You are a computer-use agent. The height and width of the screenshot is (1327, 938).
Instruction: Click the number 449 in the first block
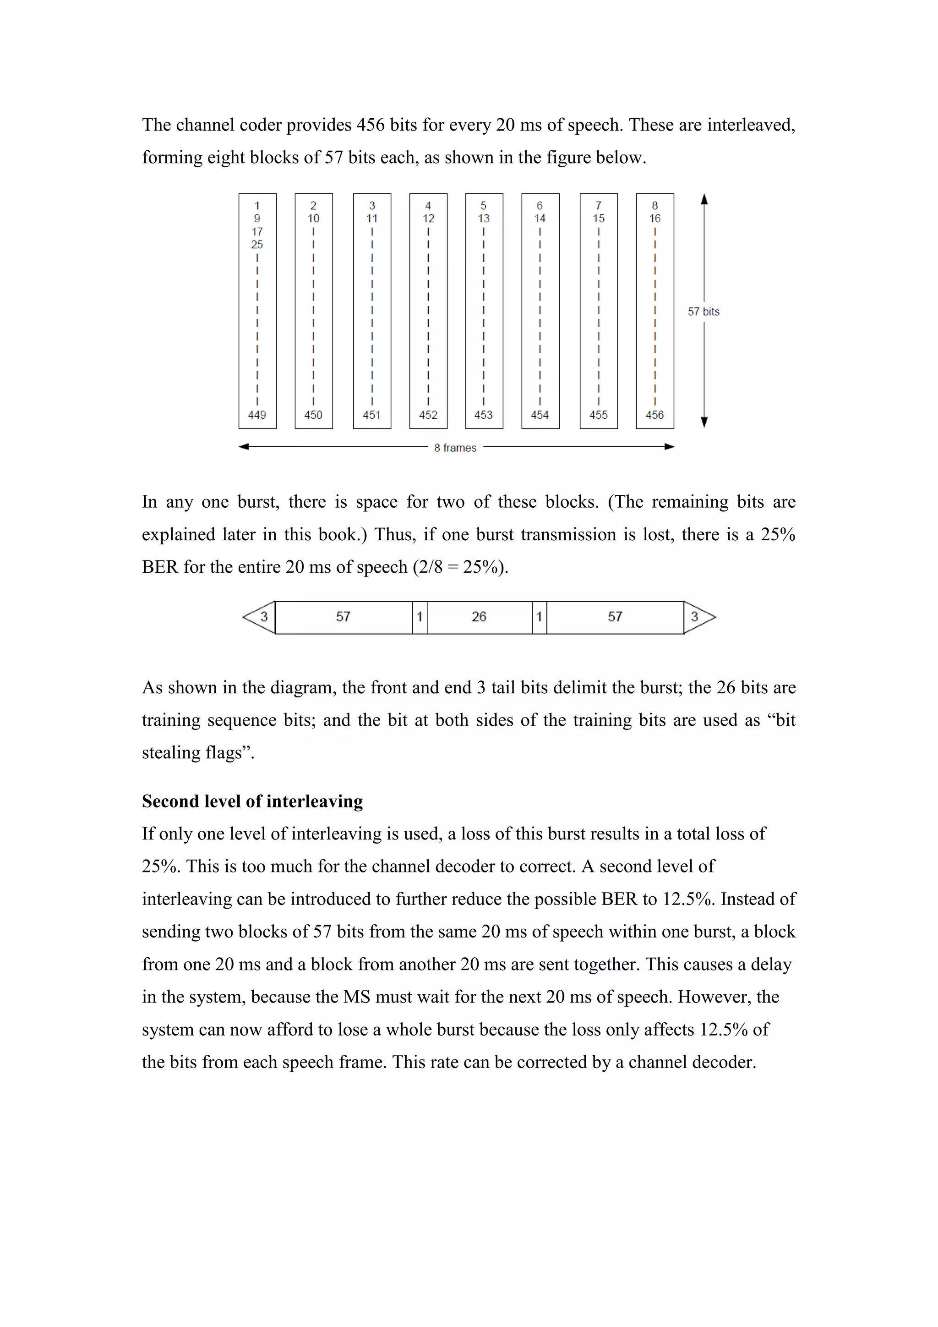(x=257, y=415)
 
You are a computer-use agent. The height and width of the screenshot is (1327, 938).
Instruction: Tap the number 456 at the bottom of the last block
(x=654, y=415)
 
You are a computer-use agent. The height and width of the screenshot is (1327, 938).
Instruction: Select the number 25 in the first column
(x=257, y=245)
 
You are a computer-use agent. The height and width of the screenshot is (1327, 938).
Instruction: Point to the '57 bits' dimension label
(x=703, y=312)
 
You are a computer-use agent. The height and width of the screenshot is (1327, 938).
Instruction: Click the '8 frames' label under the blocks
(x=455, y=448)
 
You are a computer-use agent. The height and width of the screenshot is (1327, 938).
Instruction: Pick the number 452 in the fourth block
(x=428, y=415)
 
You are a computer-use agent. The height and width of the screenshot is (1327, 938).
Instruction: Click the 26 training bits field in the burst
(x=479, y=617)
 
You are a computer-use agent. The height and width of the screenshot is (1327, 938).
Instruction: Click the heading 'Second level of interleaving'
(x=252, y=801)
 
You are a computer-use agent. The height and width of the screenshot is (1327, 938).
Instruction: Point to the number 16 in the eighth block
(x=654, y=219)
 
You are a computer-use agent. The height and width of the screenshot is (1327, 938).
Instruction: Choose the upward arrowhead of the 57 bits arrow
(x=704, y=200)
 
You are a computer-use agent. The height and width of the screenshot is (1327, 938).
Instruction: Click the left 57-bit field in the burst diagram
(x=343, y=617)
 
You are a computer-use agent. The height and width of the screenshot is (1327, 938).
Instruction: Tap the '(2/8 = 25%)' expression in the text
(x=460, y=567)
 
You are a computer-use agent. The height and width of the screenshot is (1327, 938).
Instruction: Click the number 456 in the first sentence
(x=370, y=125)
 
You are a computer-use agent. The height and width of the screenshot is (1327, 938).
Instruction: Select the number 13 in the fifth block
(x=484, y=219)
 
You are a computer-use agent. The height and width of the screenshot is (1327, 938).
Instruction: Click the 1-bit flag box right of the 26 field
(x=539, y=617)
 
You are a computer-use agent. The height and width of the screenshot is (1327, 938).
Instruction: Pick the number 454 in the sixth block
(x=540, y=415)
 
